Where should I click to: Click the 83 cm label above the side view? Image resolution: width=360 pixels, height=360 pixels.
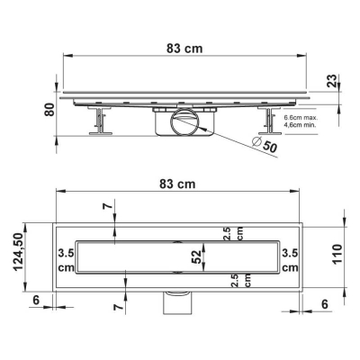point(184,49)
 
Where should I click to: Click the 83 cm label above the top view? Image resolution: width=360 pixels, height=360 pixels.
point(177,184)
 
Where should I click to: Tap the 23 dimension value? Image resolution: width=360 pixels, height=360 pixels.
point(332,81)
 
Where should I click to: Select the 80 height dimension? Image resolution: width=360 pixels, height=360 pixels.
point(49,110)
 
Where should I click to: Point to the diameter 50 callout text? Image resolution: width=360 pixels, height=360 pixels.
point(264,145)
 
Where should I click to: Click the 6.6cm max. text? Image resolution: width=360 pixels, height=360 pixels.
point(301,118)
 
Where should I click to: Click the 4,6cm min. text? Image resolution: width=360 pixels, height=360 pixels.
point(301,125)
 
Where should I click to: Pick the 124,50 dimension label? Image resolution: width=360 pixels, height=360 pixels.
point(19,252)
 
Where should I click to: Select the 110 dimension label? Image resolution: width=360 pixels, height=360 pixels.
point(337,254)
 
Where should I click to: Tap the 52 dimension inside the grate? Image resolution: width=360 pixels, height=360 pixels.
point(196,256)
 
